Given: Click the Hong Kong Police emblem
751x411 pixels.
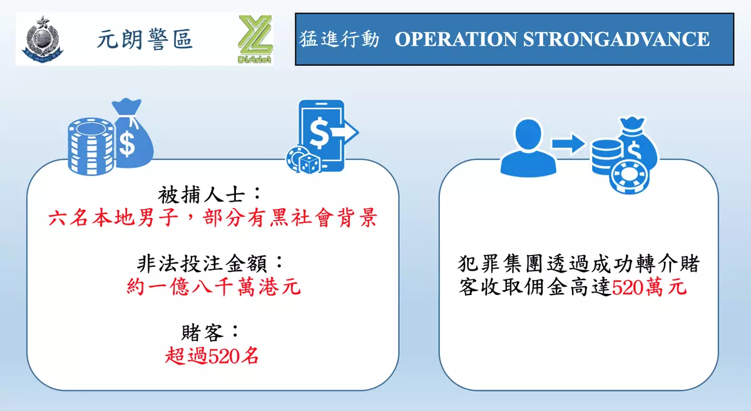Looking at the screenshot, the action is coord(43,39).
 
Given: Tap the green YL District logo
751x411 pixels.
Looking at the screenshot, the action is coord(255,39).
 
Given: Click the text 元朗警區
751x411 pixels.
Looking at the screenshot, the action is coord(145,39).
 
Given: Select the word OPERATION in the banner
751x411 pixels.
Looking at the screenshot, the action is coord(456,39).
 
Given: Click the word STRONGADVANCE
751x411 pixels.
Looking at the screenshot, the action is coord(616,39).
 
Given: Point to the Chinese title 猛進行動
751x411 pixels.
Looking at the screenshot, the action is coord(339,39).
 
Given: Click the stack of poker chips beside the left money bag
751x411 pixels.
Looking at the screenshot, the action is coord(91,146).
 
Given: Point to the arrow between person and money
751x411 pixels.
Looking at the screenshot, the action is coord(568,144).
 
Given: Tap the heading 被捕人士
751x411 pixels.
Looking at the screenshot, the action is coord(201,195).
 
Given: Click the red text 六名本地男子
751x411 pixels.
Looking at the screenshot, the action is coord(114,217).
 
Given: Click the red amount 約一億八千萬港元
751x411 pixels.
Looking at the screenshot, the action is coord(213,287).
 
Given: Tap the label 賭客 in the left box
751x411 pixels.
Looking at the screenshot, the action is coord(202,333).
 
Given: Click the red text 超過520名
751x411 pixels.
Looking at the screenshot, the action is coord(212,356).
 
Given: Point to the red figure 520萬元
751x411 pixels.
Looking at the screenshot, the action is coord(650,287).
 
